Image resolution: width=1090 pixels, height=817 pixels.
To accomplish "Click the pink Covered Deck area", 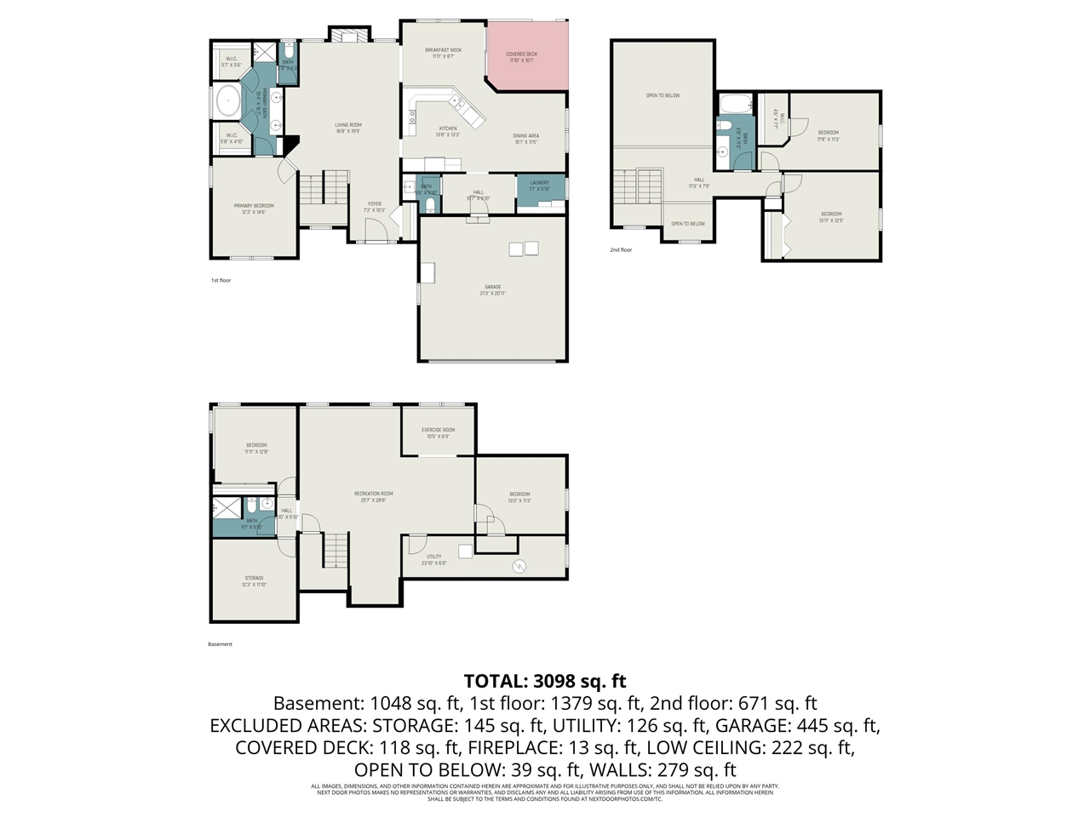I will coord(525,56).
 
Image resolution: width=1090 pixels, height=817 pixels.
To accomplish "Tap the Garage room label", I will coord(492,287).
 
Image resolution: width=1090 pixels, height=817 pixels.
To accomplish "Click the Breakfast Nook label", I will coord(443,51).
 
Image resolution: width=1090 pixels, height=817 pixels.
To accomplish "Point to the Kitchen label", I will coord(448,129).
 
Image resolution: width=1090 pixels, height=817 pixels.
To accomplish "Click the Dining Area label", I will coord(525,136).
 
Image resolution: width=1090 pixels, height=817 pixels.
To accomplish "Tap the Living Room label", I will coord(348,125).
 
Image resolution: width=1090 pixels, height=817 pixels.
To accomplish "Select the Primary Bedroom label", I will coord(254,206).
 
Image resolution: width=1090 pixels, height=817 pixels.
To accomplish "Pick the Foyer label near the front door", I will coord(375,204).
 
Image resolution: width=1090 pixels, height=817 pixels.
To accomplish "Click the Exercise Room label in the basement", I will coord(438,431).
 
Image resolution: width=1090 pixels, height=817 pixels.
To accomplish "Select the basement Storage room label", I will coord(254,579).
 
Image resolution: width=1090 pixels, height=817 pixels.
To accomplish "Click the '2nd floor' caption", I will coord(621,250).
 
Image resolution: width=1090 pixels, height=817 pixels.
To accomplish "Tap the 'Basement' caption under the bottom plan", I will coord(220,644).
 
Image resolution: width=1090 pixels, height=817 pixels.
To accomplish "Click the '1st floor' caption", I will coord(221,280).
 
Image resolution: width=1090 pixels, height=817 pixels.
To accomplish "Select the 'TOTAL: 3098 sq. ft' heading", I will coord(545,681).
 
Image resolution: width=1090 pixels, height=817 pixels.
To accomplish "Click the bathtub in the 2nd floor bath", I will coord(735,106).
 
